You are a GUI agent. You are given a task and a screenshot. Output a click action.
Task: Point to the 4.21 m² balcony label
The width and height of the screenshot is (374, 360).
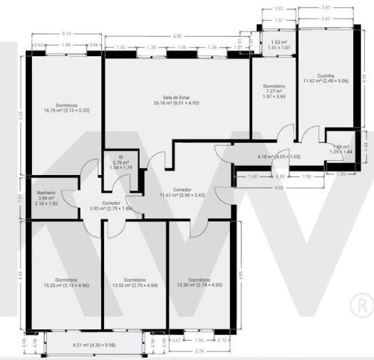(x=94, y=345)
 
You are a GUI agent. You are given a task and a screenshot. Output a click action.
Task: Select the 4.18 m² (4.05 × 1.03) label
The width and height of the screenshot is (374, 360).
(x=279, y=157)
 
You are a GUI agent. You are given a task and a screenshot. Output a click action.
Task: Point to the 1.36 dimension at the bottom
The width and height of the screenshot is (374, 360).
(x=199, y=339)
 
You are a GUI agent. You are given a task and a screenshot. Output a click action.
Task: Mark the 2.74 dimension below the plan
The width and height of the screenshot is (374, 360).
(x=200, y=351)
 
